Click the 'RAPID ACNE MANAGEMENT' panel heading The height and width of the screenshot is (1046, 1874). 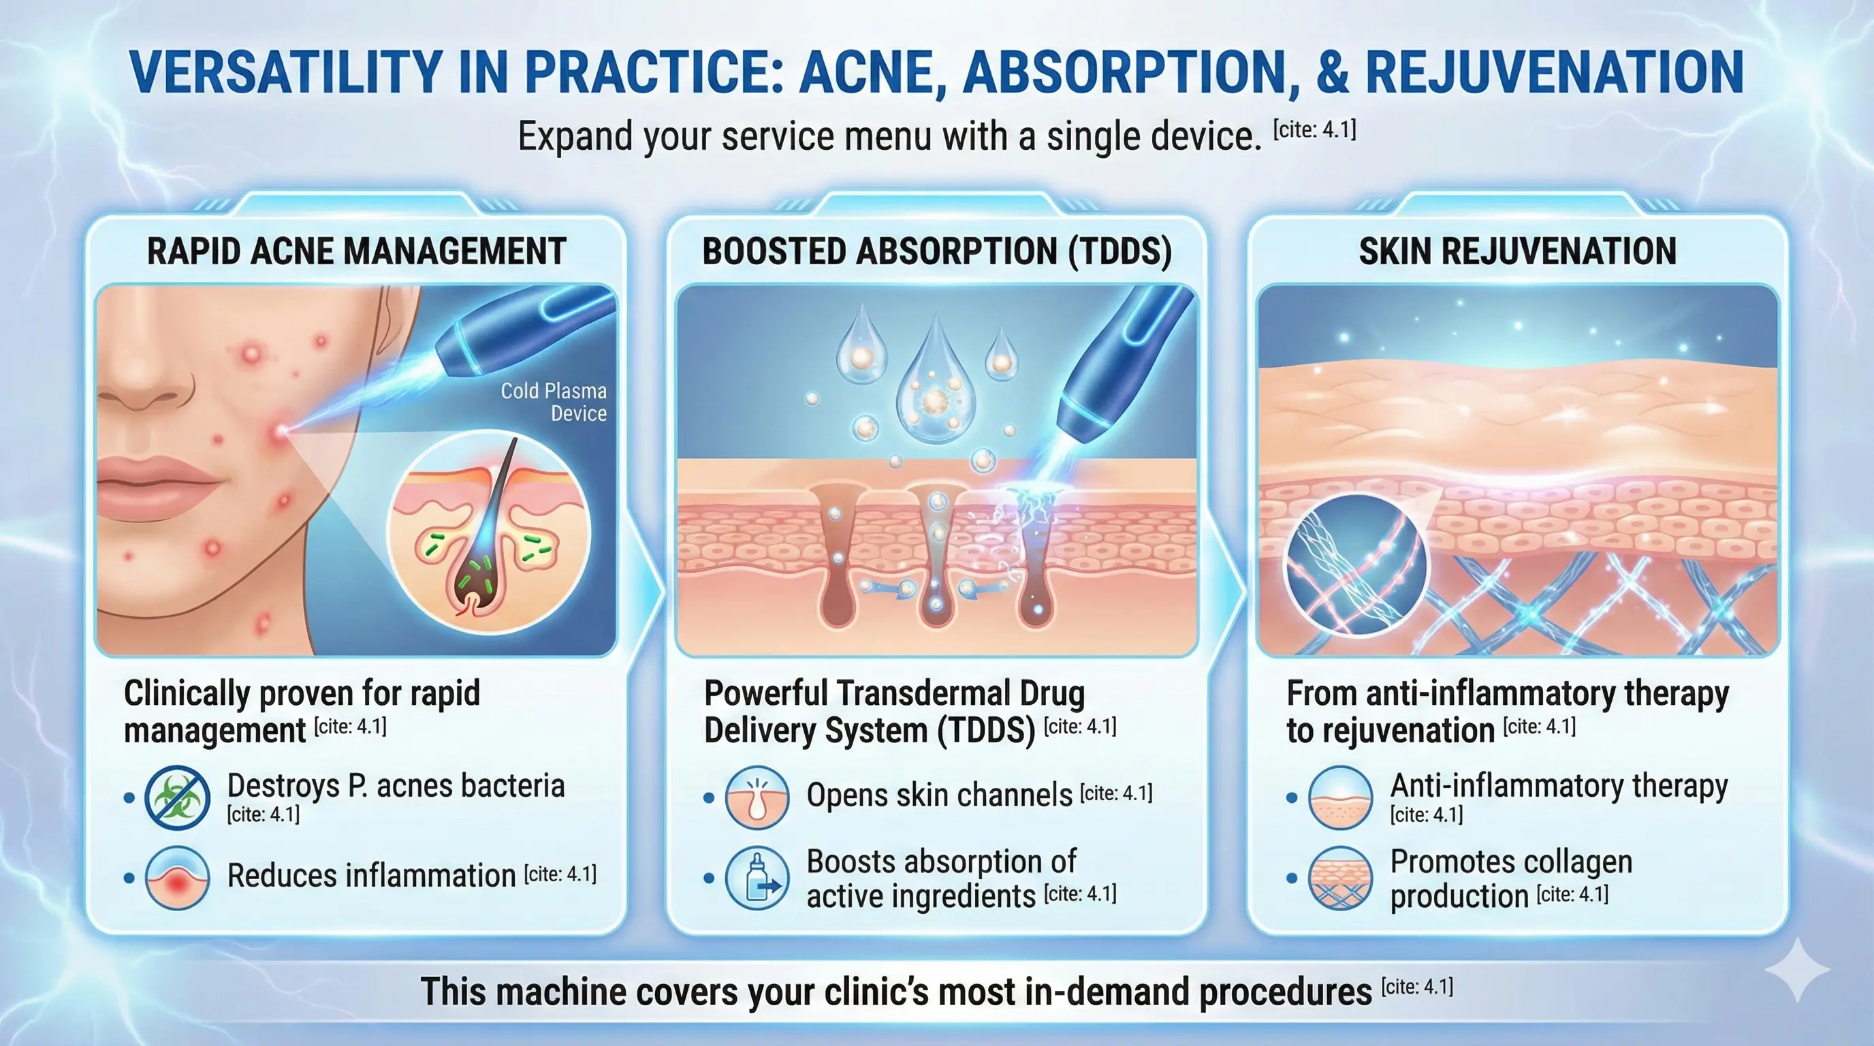pos(356,252)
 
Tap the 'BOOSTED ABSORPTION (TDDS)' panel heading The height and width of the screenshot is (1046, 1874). pos(936,252)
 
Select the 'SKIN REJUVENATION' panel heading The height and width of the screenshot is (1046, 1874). pos(1518,252)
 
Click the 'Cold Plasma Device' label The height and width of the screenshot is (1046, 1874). pos(554,402)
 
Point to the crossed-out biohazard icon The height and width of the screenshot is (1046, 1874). pos(177,797)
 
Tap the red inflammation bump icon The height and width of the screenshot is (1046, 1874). pos(177,878)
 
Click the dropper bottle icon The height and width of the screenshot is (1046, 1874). pos(757,878)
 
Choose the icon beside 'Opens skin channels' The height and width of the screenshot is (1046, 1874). pos(757,797)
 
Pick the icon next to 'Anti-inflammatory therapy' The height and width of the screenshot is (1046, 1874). pos(1340,797)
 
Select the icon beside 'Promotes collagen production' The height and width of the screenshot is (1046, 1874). pos(1340,878)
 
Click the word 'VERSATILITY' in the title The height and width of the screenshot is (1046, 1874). pos(285,72)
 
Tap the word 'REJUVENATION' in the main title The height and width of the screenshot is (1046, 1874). pos(1554,72)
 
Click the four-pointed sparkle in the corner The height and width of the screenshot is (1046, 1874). pos(1797,970)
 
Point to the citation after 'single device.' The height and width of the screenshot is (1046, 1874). pos(1314,131)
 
